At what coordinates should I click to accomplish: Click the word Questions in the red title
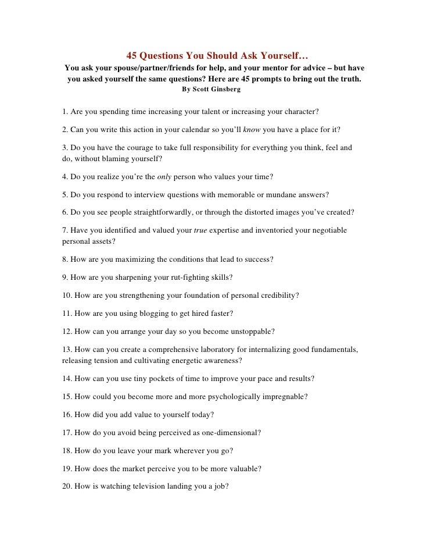[x=161, y=56]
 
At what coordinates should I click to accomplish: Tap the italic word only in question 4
[x=164, y=176]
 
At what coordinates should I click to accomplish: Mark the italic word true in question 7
[x=200, y=230]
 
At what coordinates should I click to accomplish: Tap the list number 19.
[x=66, y=469]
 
